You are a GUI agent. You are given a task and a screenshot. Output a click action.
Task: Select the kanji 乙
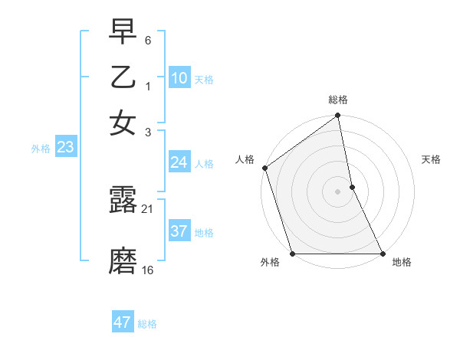tap(123, 78)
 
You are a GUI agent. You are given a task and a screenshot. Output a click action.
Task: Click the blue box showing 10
tap(179, 78)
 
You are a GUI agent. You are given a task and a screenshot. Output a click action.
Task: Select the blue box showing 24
tap(179, 162)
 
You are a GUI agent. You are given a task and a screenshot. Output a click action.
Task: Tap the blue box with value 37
tap(179, 231)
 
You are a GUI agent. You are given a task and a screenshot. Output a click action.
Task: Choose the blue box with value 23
tap(65, 148)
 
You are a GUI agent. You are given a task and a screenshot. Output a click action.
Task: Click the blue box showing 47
tap(122, 322)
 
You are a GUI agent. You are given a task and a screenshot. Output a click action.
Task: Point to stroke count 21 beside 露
tap(147, 209)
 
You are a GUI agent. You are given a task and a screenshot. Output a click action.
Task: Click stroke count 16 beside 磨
tap(147, 270)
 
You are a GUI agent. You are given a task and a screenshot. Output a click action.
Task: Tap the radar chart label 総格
tap(338, 100)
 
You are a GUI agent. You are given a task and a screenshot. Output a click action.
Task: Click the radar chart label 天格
tap(431, 159)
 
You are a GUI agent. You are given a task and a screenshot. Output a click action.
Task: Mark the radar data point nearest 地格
tap(383, 254)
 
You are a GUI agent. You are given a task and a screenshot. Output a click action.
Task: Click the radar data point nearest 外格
tap(293, 254)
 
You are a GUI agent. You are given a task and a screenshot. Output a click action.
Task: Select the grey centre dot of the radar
tap(338, 191)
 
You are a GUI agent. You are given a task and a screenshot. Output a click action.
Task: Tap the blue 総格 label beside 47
tap(147, 324)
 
